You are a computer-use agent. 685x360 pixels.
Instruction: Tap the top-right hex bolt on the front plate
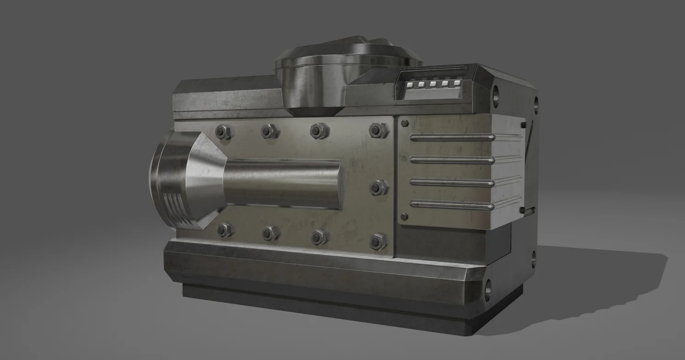pyautogui.click(x=378, y=130)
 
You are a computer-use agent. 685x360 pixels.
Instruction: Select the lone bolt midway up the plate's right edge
pyautogui.click(x=378, y=187)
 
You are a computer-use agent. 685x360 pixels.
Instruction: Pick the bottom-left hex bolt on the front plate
pyautogui.click(x=224, y=230)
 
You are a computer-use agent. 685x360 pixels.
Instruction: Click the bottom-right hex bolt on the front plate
pyautogui.click(x=378, y=241)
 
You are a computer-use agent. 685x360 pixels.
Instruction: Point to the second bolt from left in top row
pyautogui.click(x=270, y=132)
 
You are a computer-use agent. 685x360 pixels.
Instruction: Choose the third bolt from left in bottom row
pyautogui.click(x=319, y=237)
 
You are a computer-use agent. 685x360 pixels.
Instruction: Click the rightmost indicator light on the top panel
pyautogui.click(x=457, y=83)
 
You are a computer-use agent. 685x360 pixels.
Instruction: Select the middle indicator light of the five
pyautogui.click(x=433, y=84)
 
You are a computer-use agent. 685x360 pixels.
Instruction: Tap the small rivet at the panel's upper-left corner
pyautogui.click(x=405, y=123)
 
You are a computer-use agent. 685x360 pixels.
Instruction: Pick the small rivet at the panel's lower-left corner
pyautogui.click(x=405, y=216)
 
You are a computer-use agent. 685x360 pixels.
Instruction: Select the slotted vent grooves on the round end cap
pyautogui.click(x=178, y=209)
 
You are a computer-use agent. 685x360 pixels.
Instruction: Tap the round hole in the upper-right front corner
pyautogui.click(x=496, y=96)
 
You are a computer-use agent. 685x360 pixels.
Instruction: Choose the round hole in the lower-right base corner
pyautogui.click(x=488, y=288)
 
